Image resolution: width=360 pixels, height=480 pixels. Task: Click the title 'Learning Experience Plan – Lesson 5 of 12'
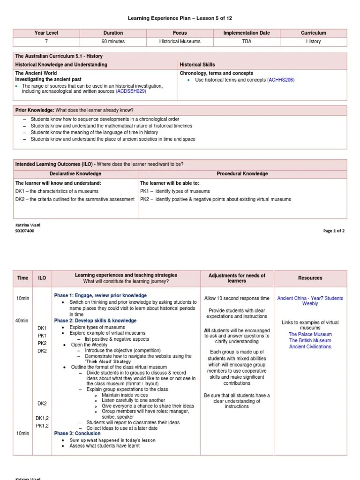point(180,18)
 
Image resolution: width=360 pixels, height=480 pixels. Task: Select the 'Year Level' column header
point(46,33)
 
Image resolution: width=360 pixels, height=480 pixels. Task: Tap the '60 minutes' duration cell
point(113,42)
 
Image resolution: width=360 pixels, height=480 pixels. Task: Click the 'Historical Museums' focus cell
point(180,42)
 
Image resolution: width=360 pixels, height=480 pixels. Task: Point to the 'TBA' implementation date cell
point(247,42)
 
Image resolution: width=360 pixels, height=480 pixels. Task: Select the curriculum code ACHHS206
point(281,80)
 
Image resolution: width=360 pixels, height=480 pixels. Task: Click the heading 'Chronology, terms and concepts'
point(217,74)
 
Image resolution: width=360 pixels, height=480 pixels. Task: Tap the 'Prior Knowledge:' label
point(35,110)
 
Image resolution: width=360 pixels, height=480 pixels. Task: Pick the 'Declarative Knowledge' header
point(75,174)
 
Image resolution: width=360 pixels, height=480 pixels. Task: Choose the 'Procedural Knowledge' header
point(242,174)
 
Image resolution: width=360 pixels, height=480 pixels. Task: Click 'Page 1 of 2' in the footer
point(334,231)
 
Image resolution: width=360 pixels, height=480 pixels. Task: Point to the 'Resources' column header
point(310,278)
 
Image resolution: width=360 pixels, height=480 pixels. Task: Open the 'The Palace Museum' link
point(310,335)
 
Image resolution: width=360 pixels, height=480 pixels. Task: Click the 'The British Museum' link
point(310,341)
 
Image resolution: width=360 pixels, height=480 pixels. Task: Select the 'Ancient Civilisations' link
point(310,347)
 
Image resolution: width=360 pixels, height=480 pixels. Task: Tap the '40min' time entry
point(22,321)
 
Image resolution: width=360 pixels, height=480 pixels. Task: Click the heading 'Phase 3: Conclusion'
point(77,434)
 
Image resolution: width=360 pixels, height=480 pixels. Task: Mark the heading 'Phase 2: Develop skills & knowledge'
point(95,321)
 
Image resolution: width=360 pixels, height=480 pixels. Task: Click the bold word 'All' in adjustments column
point(207,330)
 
